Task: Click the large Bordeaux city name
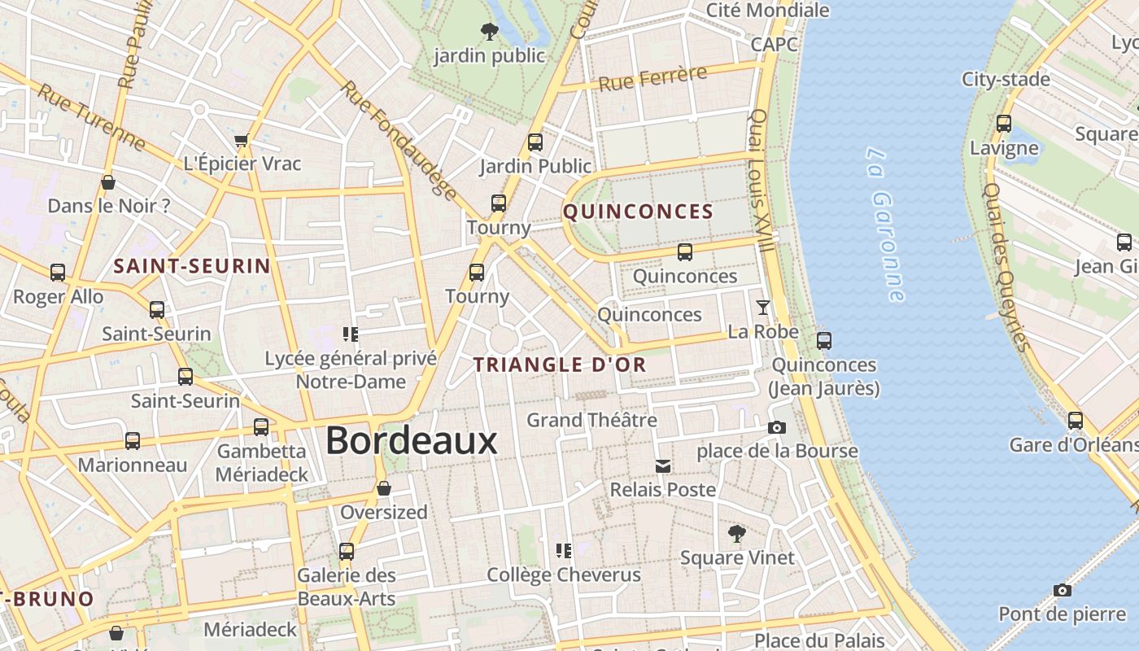tap(411, 441)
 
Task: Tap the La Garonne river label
tap(885, 224)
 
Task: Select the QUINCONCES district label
tap(638, 212)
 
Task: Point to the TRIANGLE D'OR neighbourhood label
tap(560, 365)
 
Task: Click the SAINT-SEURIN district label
tap(192, 266)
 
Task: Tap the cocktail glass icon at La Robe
tap(762, 308)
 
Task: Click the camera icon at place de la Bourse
tap(777, 427)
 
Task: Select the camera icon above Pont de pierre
tap(1062, 590)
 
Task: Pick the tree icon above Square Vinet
tap(736, 534)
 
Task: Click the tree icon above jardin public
tap(489, 32)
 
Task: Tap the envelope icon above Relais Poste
tap(663, 466)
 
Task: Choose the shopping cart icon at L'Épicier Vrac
tap(242, 141)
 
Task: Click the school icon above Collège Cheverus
tap(563, 551)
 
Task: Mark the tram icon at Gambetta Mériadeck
tap(261, 426)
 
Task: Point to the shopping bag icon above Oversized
tap(384, 488)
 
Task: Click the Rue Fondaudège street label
tap(399, 138)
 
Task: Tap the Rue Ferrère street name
tap(652, 79)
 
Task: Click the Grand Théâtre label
tap(591, 421)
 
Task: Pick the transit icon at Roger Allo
tap(58, 273)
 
